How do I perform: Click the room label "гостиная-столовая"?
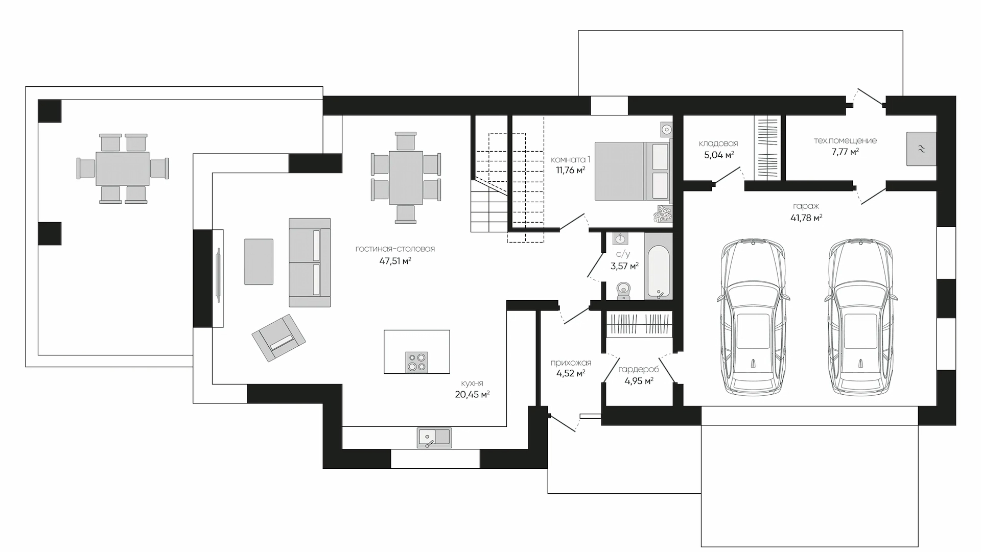click(395, 249)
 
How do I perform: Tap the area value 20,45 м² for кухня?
click(473, 394)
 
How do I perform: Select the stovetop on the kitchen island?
click(416, 362)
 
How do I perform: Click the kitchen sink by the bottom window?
click(434, 438)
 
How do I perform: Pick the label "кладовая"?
click(718, 144)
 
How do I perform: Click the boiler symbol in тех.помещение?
click(921, 149)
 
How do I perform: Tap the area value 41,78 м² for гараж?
click(806, 218)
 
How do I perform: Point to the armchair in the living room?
click(278, 338)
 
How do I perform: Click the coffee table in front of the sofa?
click(259, 261)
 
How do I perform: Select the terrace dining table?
click(123, 169)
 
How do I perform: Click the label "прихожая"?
click(571, 363)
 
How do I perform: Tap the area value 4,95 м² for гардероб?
click(639, 381)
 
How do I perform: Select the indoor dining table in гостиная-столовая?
click(406, 177)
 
